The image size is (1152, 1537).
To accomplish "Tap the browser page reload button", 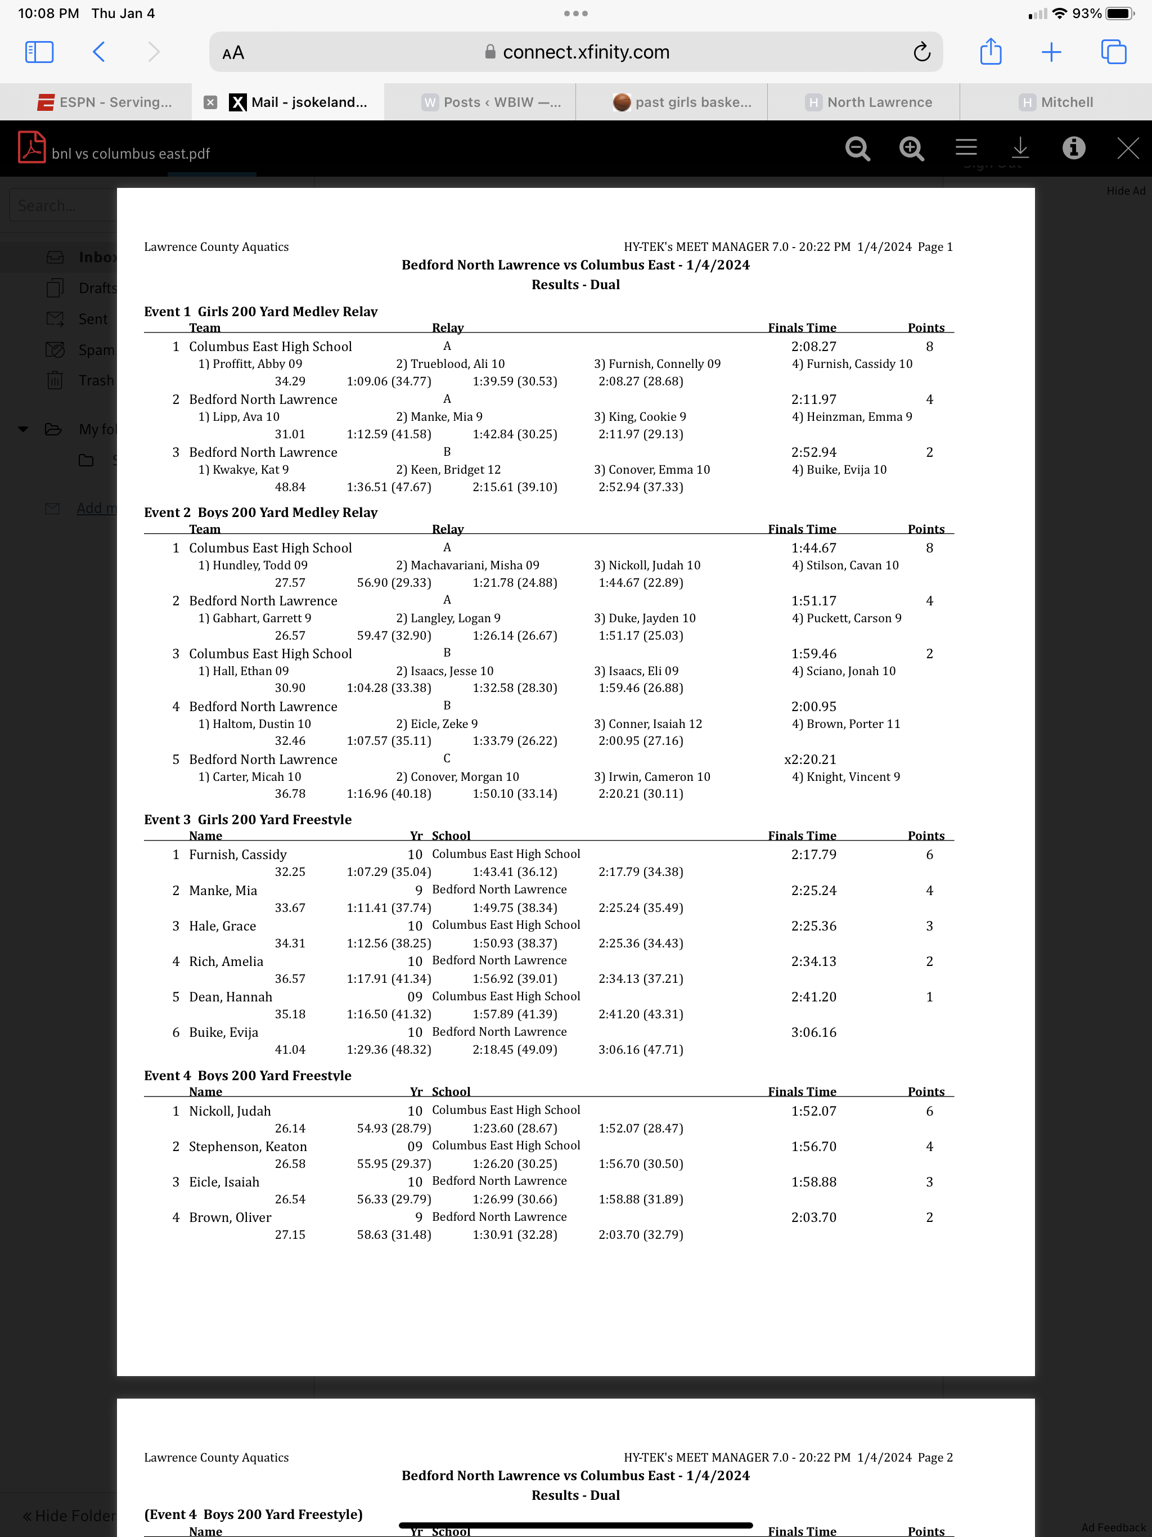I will coord(921,52).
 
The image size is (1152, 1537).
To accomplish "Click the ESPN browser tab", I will coord(104,102).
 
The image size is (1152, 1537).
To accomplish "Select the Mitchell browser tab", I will coord(1056,102).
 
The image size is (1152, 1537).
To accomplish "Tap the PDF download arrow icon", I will coord(1019,148).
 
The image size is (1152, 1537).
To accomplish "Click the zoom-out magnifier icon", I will coord(857,148).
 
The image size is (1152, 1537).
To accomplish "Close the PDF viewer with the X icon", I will coord(1127,148).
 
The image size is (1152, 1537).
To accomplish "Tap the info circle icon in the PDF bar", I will coord(1073,148).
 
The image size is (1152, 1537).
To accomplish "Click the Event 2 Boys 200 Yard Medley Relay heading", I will coord(260,512).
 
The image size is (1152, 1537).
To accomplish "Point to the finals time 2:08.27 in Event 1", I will coord(813,346).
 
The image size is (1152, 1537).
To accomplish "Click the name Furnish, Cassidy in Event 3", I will coord(237,854).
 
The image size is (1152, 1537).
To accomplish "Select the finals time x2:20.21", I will coord(810,759).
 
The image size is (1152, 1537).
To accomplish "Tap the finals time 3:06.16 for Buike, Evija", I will coord(813,1032).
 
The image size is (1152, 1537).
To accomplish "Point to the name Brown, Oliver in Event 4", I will coord(230,1217).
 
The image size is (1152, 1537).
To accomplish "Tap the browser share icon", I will coord(990,52).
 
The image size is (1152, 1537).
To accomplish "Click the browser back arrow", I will coord(98,52).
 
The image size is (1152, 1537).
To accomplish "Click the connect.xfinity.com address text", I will coord(586,52).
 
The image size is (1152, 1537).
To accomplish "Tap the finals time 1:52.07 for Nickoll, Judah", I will coord(813,1111).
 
